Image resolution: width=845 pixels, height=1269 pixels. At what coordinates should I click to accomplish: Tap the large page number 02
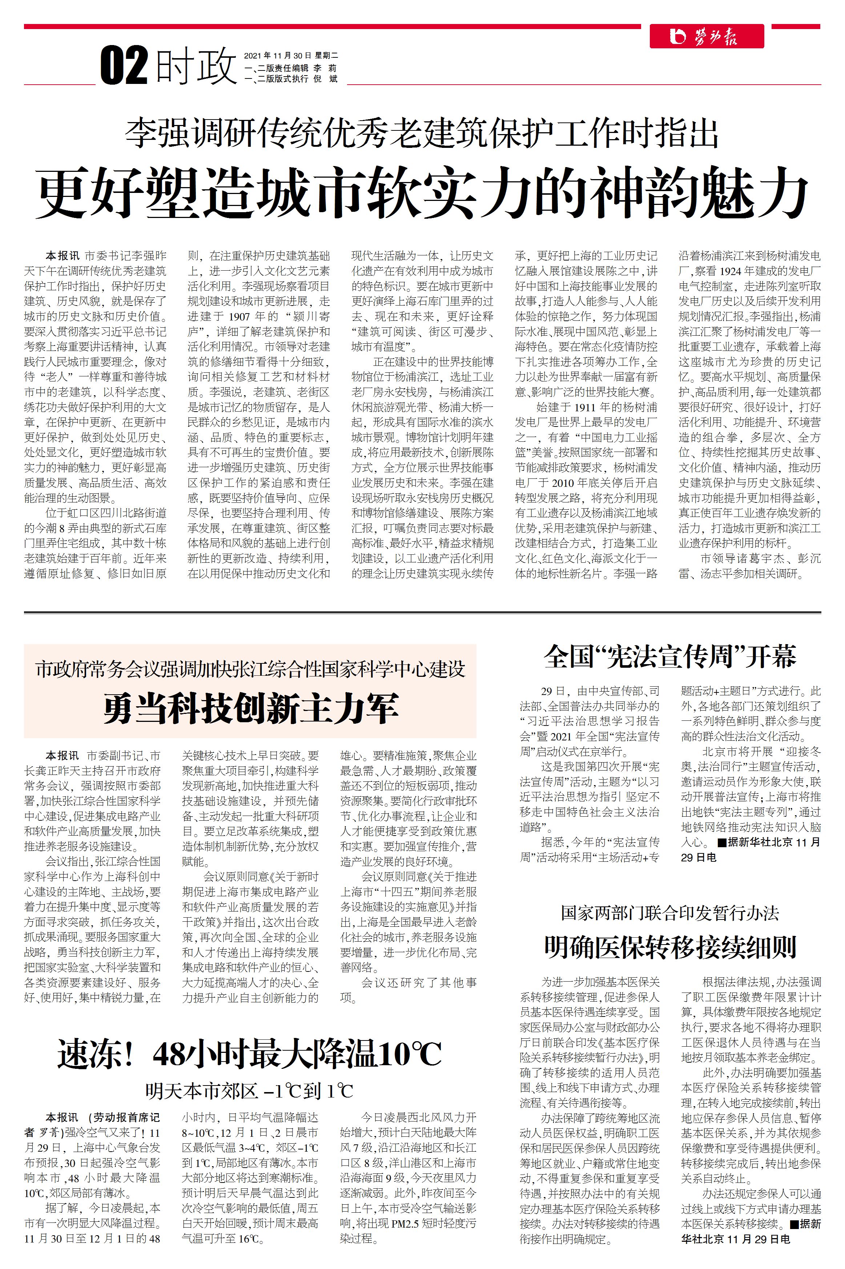[124, 66]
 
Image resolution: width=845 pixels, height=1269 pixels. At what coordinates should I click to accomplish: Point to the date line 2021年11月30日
[278, 56]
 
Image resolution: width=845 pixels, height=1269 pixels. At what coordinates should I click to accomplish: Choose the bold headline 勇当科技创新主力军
[250, 708]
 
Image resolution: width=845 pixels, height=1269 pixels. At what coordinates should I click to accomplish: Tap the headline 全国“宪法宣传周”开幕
[670, 656]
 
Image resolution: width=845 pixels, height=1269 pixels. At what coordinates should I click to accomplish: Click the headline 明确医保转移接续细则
[670, 946]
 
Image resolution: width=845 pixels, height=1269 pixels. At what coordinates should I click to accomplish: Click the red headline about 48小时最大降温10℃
[250, 1054]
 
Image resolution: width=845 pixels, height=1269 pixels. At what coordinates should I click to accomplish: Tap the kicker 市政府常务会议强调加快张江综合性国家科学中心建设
[250, 670]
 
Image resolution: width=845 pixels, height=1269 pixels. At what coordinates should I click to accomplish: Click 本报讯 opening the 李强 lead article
[62, 256]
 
